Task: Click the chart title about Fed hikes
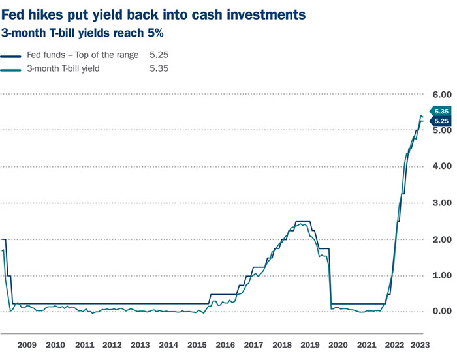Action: (x=153, y=13)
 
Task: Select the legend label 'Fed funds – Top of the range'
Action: (x=82, y=55)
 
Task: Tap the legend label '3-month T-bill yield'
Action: (x=64, y=68)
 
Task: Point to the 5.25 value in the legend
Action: (x=159, y=55)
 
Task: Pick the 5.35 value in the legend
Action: (x=159, y=68)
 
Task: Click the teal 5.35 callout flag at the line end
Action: (x=440, y=112)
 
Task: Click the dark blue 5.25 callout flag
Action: (x=440, y=121)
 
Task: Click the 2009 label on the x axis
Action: (x=27, y=344)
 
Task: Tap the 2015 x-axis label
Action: (x=197, y=344)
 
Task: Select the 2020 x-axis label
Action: (x=338, y=344)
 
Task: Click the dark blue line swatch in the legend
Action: (x=12, y=55)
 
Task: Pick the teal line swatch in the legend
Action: (x=12, y=68)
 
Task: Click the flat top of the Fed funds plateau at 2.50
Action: (x=303, y=222)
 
